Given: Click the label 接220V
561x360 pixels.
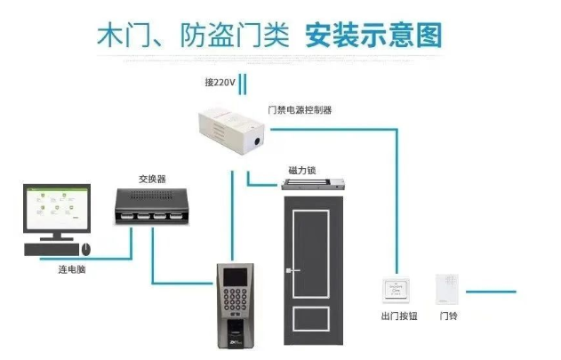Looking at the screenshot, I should point(220,83).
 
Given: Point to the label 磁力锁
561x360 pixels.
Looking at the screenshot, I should point(300,170).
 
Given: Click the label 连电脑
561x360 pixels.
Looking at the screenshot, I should point(60,268).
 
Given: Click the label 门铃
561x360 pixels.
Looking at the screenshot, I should point(448,316).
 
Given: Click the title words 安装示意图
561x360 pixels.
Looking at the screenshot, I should point(373,36).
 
